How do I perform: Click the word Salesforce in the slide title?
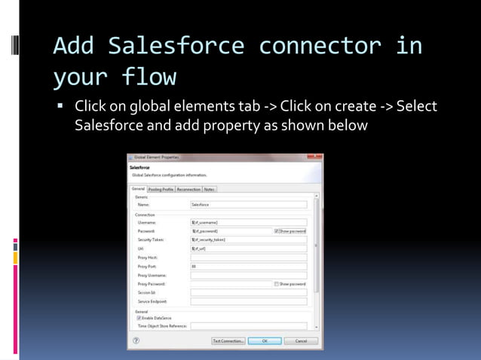[x=176, y=47]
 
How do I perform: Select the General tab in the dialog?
[x=138, y=189]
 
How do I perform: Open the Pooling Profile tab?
[x=161, y=189]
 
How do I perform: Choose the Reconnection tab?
[x=188, y=189]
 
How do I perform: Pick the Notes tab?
[x=209, y=189]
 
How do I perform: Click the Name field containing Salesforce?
[x=249, y=204]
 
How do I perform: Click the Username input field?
[x=249, y=223]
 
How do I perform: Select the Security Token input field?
[x=249, y=239]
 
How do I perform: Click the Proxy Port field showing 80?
[x=249, y=266]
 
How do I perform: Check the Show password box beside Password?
[x=277, y=231]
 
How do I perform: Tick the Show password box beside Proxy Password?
[x=277, y=284]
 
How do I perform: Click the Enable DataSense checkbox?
[x=139, y=318]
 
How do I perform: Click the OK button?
[x=265, y=340]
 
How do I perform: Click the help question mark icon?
[x=135, y=340]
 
